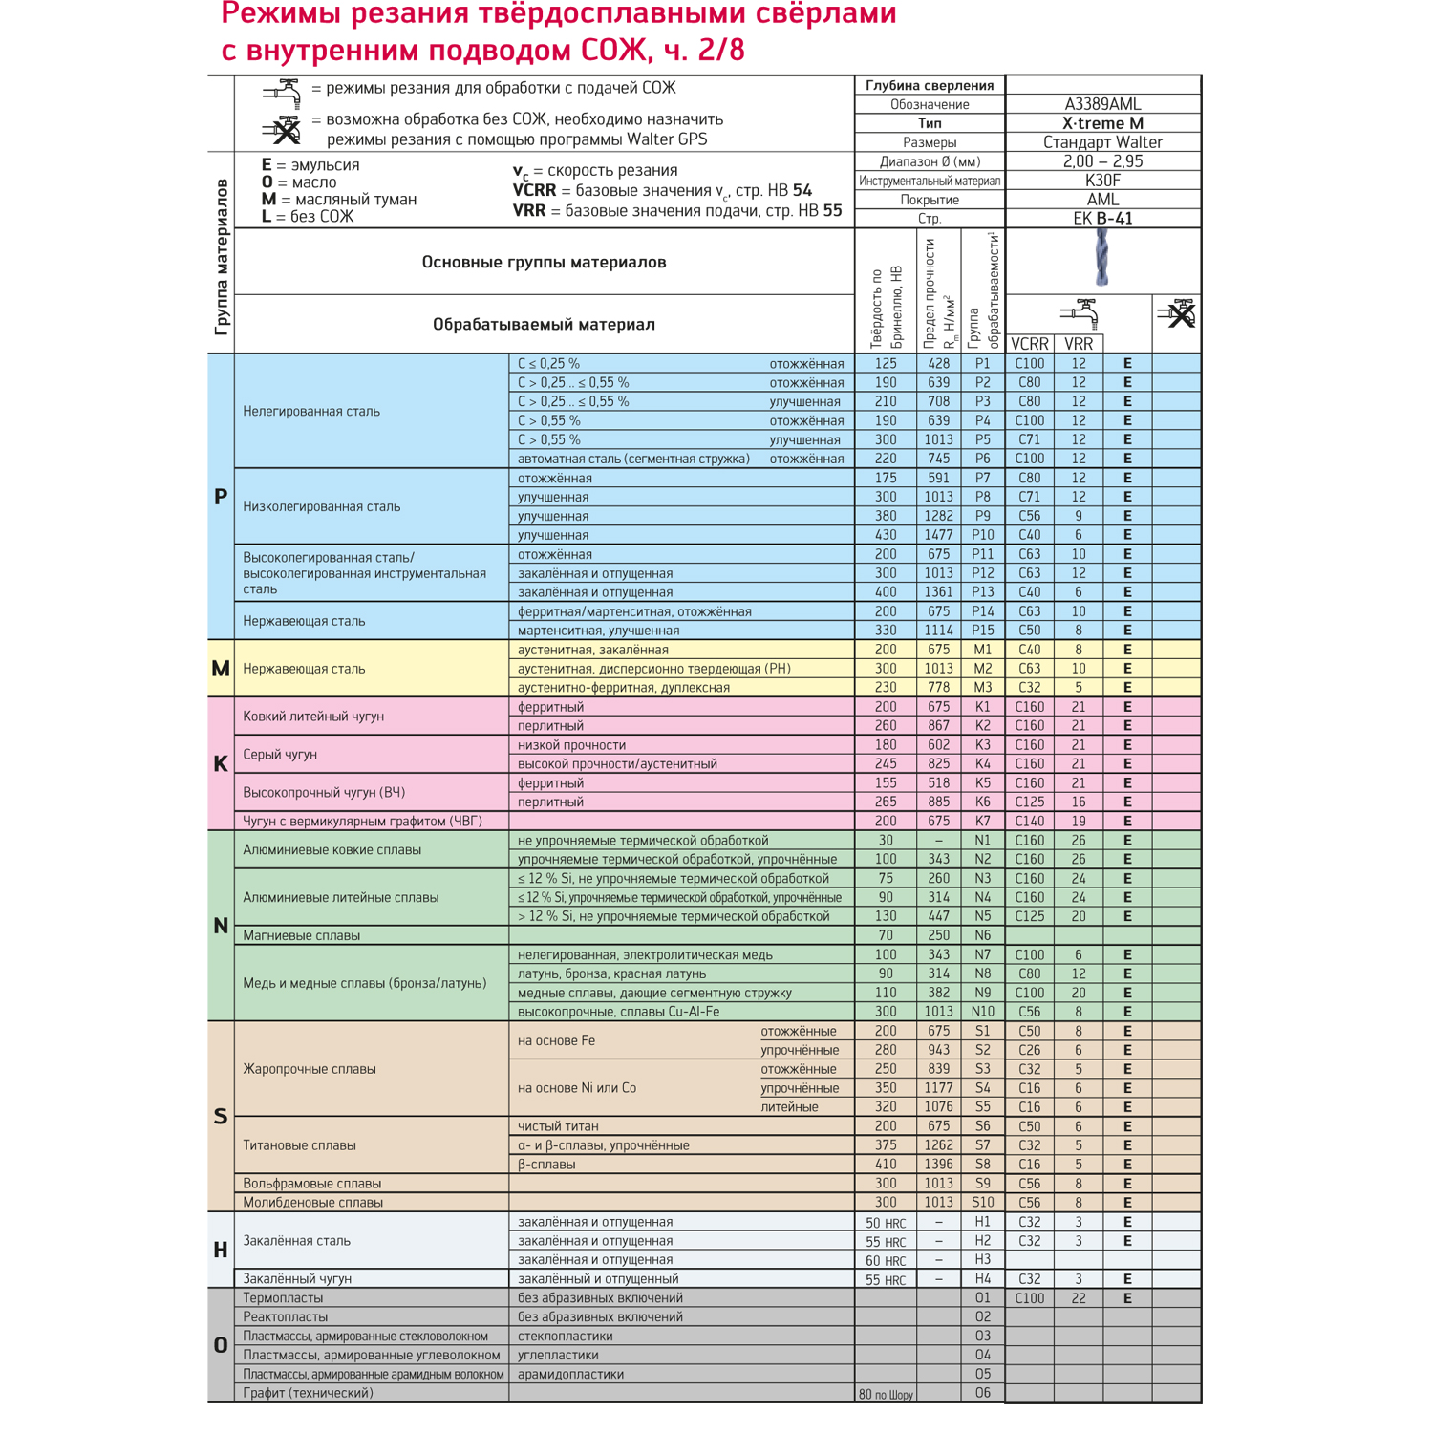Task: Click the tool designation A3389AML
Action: [1102, 104]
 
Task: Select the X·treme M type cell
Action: [1102, 123]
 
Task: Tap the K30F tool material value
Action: [1102, 181]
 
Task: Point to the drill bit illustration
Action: [1101, 259]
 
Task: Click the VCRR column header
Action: [1029, 344]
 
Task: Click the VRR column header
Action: [1079, 344]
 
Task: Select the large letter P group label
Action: [221, 497]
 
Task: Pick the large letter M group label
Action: [221, 669]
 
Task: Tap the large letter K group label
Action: [221, 763]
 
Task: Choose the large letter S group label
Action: [221, 1116]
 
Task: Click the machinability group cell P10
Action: [982, 535]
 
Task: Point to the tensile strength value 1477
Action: [938, 535]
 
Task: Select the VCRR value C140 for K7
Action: [1029, 821]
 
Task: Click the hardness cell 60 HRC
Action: [886, 1260]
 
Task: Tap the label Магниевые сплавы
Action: [302, 935]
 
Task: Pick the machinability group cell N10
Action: [982, 1012]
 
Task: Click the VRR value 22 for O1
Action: [1079, 1298]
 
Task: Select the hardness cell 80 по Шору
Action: [886, 1394]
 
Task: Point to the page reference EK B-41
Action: [1102, 219]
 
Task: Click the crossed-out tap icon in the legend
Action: [283, 130]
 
